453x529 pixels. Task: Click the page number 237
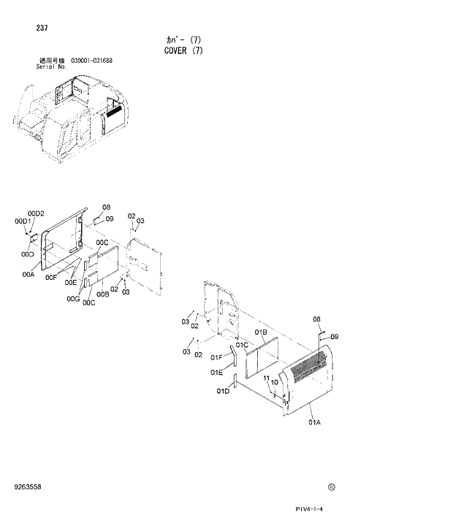41,30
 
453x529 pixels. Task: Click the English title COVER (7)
178,50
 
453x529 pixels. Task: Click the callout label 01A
315,422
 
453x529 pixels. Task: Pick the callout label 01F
216,357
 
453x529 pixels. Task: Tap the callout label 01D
223,391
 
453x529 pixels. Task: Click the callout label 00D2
37,213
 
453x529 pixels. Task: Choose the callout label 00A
28,275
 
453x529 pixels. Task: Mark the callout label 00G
72,298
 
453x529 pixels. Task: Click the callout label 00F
50,277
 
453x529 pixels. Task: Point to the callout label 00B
102,294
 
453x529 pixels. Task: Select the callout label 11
267,378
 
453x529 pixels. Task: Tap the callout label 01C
241,344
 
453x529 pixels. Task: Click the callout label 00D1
23,221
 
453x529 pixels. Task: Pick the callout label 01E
216,372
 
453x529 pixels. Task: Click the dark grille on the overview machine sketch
115,111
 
